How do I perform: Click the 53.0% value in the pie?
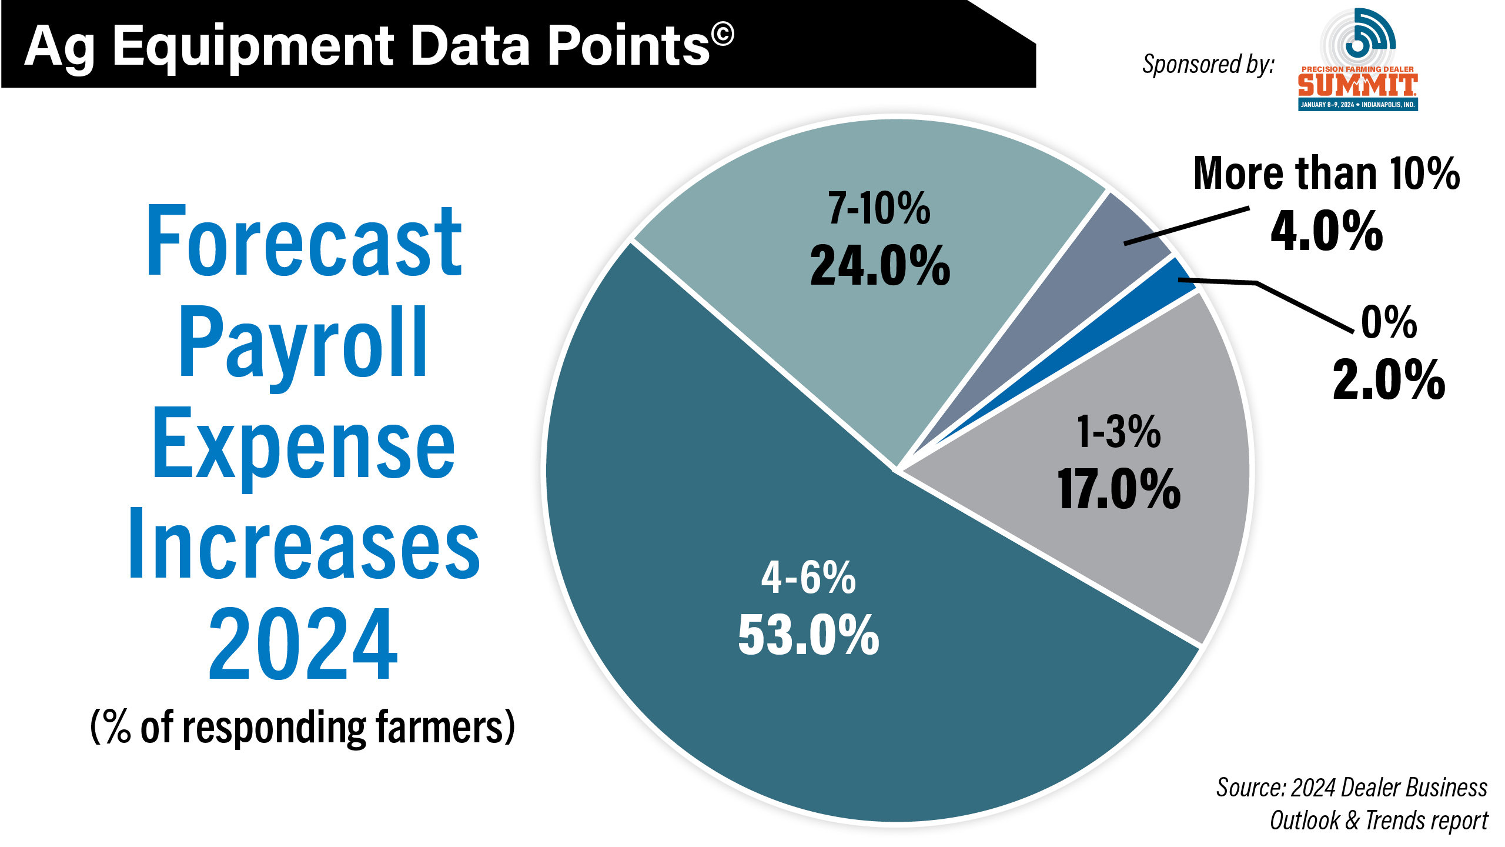[x=808, y=635]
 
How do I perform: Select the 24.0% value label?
[x=880, y=266]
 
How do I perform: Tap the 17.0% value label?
[x=1119, y=489]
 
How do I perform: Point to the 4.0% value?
[x=1327, y=231]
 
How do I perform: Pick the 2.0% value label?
[x=1389, y=381]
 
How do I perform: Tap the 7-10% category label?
[x=879, y=209]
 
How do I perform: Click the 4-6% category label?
[x=808, y=578]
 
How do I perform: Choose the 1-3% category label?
[x=1119, y=432]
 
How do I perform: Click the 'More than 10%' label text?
[x=1326, y=174]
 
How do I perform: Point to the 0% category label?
[x=1389, y=323]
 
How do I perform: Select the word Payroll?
[x=303, y=344]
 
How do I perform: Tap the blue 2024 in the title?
[x=303, y=644]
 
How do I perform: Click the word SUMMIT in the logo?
[x=1357, y=86]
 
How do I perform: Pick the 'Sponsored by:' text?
[x=1208, y=64]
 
